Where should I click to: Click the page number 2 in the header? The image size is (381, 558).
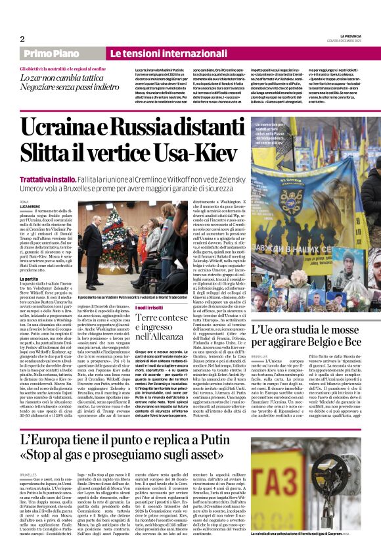tap(22, 39)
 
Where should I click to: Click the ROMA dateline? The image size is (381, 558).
tap(24, 200)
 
